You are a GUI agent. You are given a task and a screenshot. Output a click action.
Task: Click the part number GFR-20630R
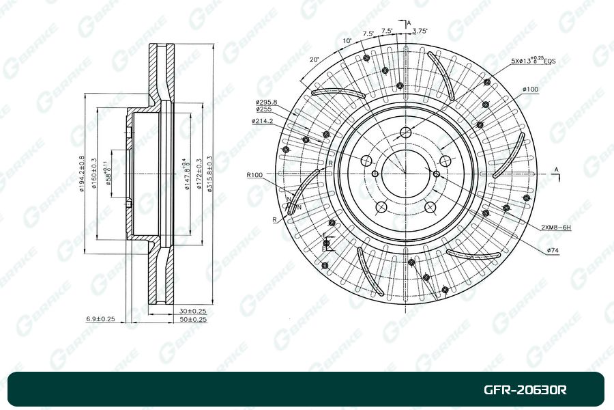click(x=525, y=390)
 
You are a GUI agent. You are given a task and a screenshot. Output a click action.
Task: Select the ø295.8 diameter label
click(x=267, y=102)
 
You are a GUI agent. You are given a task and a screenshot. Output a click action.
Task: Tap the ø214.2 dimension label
click(x=262, y=121)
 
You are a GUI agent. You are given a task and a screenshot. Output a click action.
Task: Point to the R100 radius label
click(x=255, y=175)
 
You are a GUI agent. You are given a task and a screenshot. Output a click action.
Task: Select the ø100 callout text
click(x=531, y=90)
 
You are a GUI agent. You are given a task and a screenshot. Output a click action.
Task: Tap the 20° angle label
click(x=314, y=59)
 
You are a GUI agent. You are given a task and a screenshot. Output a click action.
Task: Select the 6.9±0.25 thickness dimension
click(x=100, y=319)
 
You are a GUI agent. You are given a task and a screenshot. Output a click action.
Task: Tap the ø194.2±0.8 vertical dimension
click(x=81, y=174)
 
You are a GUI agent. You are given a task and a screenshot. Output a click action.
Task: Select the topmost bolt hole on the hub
click(x=405, y=133)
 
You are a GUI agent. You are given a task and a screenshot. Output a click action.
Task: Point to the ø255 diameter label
click(x=264, y=109)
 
